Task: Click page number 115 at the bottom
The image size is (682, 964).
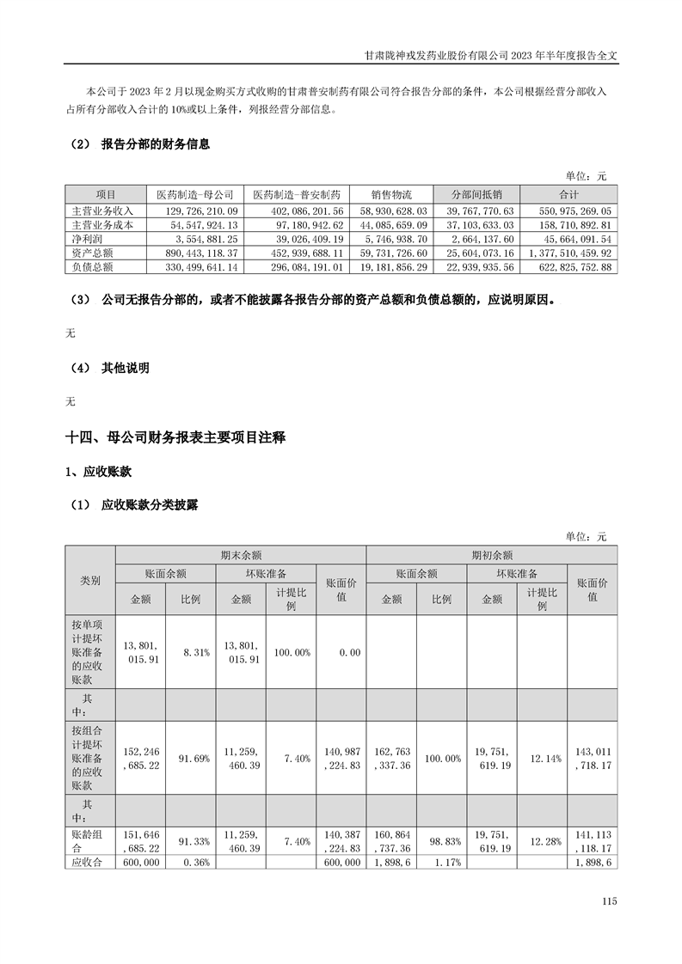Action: point(610,901)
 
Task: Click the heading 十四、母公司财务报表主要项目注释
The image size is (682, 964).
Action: point(175,438)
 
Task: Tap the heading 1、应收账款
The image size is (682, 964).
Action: point(99,472)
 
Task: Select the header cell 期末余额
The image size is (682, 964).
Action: point(241,555)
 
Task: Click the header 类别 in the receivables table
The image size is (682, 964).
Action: point(89,581)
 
